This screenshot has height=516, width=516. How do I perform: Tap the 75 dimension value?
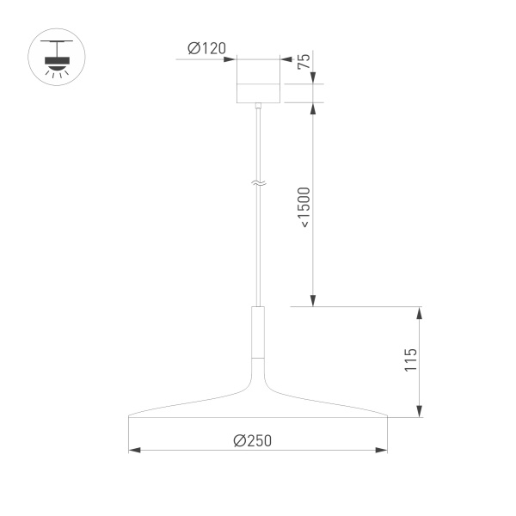pos(303,61)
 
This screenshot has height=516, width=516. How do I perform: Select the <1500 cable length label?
pos(304,206)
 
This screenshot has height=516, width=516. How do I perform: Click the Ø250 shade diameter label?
pos(252,439)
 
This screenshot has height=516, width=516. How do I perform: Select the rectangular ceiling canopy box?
pos(258,81)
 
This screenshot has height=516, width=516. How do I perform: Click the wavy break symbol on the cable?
pos(258,183)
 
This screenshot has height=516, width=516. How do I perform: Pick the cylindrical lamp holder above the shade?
pos(258,331)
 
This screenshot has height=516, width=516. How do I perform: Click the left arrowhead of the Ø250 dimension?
pos(133,450)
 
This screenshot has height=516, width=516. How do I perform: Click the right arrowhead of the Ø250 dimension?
pos(383,450)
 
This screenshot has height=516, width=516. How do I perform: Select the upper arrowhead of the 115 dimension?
pos(420,311)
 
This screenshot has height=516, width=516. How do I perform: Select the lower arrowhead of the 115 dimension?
pos(420,412)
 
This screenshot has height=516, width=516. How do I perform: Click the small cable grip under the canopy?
pos(258,107)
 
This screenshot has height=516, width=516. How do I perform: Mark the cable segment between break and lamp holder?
pos(258,249)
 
